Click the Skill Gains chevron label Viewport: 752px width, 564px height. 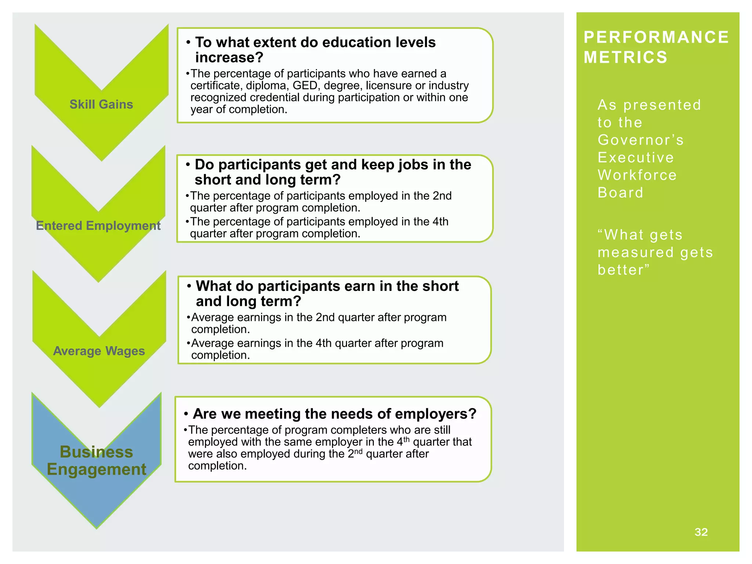tap(101, 104)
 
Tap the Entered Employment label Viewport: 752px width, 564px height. tap(98, 225)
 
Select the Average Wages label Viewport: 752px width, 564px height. tap(99, 351)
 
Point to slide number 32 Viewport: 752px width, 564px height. tap(701, 532)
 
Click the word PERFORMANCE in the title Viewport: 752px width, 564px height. tap(656, 37)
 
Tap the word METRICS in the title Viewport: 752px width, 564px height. tap(625, 57)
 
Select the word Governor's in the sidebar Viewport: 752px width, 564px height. tap(641, 140)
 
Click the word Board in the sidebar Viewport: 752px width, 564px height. tap(621, 192)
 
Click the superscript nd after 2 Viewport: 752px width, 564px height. tap(358, 451)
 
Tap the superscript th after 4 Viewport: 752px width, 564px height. tap(406, 439)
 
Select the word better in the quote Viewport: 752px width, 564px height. tap(621, 270)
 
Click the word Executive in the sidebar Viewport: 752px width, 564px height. tap(636, 158)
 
